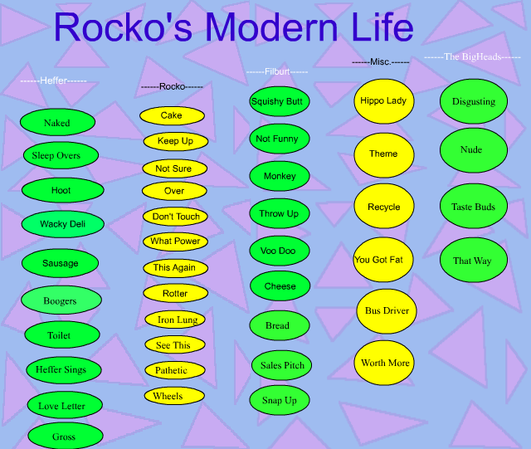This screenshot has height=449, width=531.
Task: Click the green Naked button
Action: pos(57,122)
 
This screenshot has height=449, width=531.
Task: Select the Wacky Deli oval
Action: pos(63,224)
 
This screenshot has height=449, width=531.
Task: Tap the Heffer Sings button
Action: pos(64,369)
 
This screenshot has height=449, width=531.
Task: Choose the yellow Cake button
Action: pos(172,115)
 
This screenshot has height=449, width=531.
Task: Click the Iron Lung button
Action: pos(175,320)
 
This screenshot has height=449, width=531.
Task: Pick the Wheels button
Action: pos(174,396)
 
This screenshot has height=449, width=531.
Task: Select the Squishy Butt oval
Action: pos(280,101)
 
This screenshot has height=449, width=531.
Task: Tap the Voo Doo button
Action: pos(280,251)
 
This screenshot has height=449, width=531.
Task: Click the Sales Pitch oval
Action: pos(281,365)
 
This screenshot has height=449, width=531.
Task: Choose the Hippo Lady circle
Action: pos(384,101)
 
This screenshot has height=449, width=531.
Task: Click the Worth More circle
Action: pos(384,363)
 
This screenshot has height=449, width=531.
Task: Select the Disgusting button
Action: pos(474,101)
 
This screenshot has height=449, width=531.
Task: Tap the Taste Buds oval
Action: pos(474,206)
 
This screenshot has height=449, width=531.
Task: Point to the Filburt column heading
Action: pos(277,72)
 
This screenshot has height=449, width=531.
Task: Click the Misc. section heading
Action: pos(380,62)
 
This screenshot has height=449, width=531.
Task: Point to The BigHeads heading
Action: pos(472,56)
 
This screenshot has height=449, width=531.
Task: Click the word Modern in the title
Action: pos(271,27)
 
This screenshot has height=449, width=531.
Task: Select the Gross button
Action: pos(66,436)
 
